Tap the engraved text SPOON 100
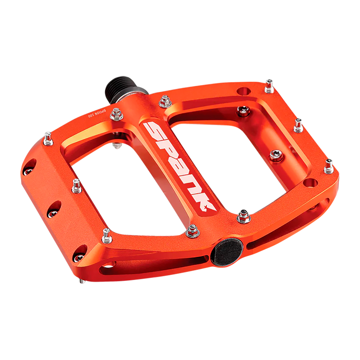(x=97, y=113)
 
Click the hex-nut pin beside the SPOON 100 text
(x=116, y=114)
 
